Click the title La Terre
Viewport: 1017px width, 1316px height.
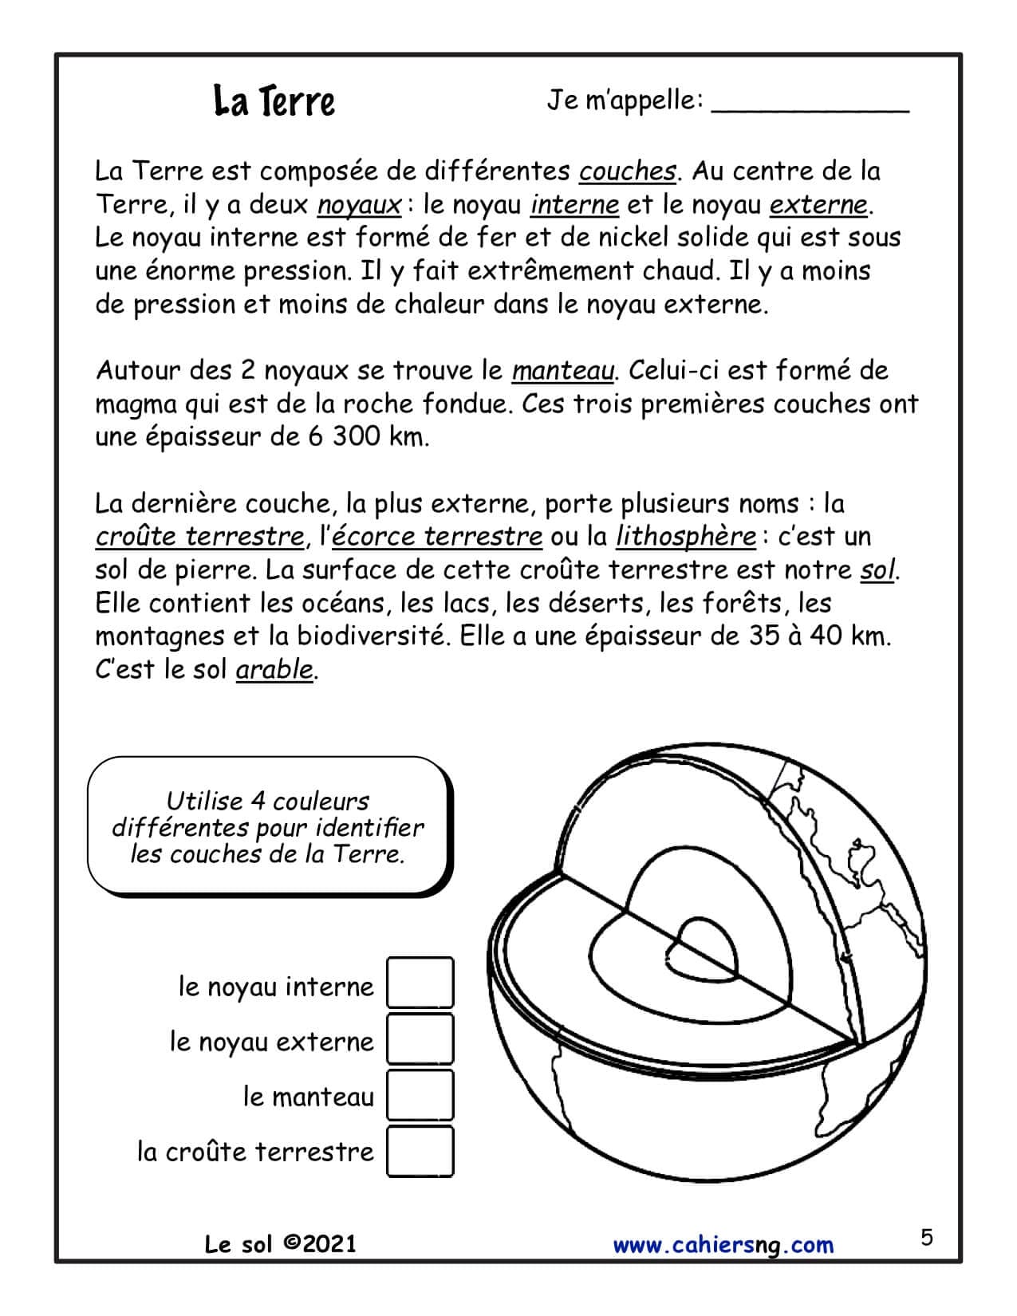click(274, 101)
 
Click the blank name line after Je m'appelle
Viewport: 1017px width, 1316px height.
click(810, 108)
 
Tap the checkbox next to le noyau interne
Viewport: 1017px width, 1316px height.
click(420, 983)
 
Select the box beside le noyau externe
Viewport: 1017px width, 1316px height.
click(420, 1039)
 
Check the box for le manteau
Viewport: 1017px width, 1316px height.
click(420, 1095)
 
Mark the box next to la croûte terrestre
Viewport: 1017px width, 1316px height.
click(420, 1151)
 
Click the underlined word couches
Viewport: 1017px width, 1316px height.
click(628, 171)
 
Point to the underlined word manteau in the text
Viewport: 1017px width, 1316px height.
click(563, 371)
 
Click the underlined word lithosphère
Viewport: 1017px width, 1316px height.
click(685, 537)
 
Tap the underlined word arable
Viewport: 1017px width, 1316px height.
click(274, 670)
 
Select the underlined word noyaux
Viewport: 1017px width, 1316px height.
click(359, 205)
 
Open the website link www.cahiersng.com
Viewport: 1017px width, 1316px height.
click(723, 1245)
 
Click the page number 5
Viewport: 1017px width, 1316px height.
click(926, 1239)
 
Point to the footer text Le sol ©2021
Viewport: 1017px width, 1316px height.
click(280, 1244)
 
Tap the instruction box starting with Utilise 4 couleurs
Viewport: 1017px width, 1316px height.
click(269, 827)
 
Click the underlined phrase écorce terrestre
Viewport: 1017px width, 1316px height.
click(436, 537)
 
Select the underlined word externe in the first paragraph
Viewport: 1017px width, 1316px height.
click(818, 205)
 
